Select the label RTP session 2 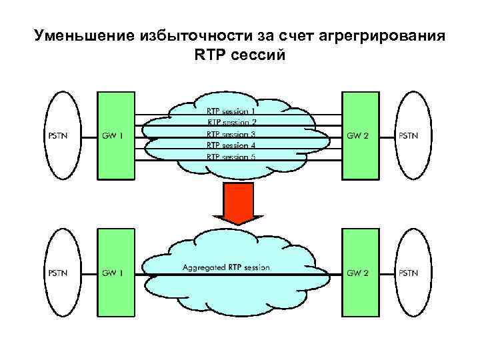pyautogui.click(x=231, y=123)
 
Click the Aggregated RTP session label pyautogui.click(x=226, y=268)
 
